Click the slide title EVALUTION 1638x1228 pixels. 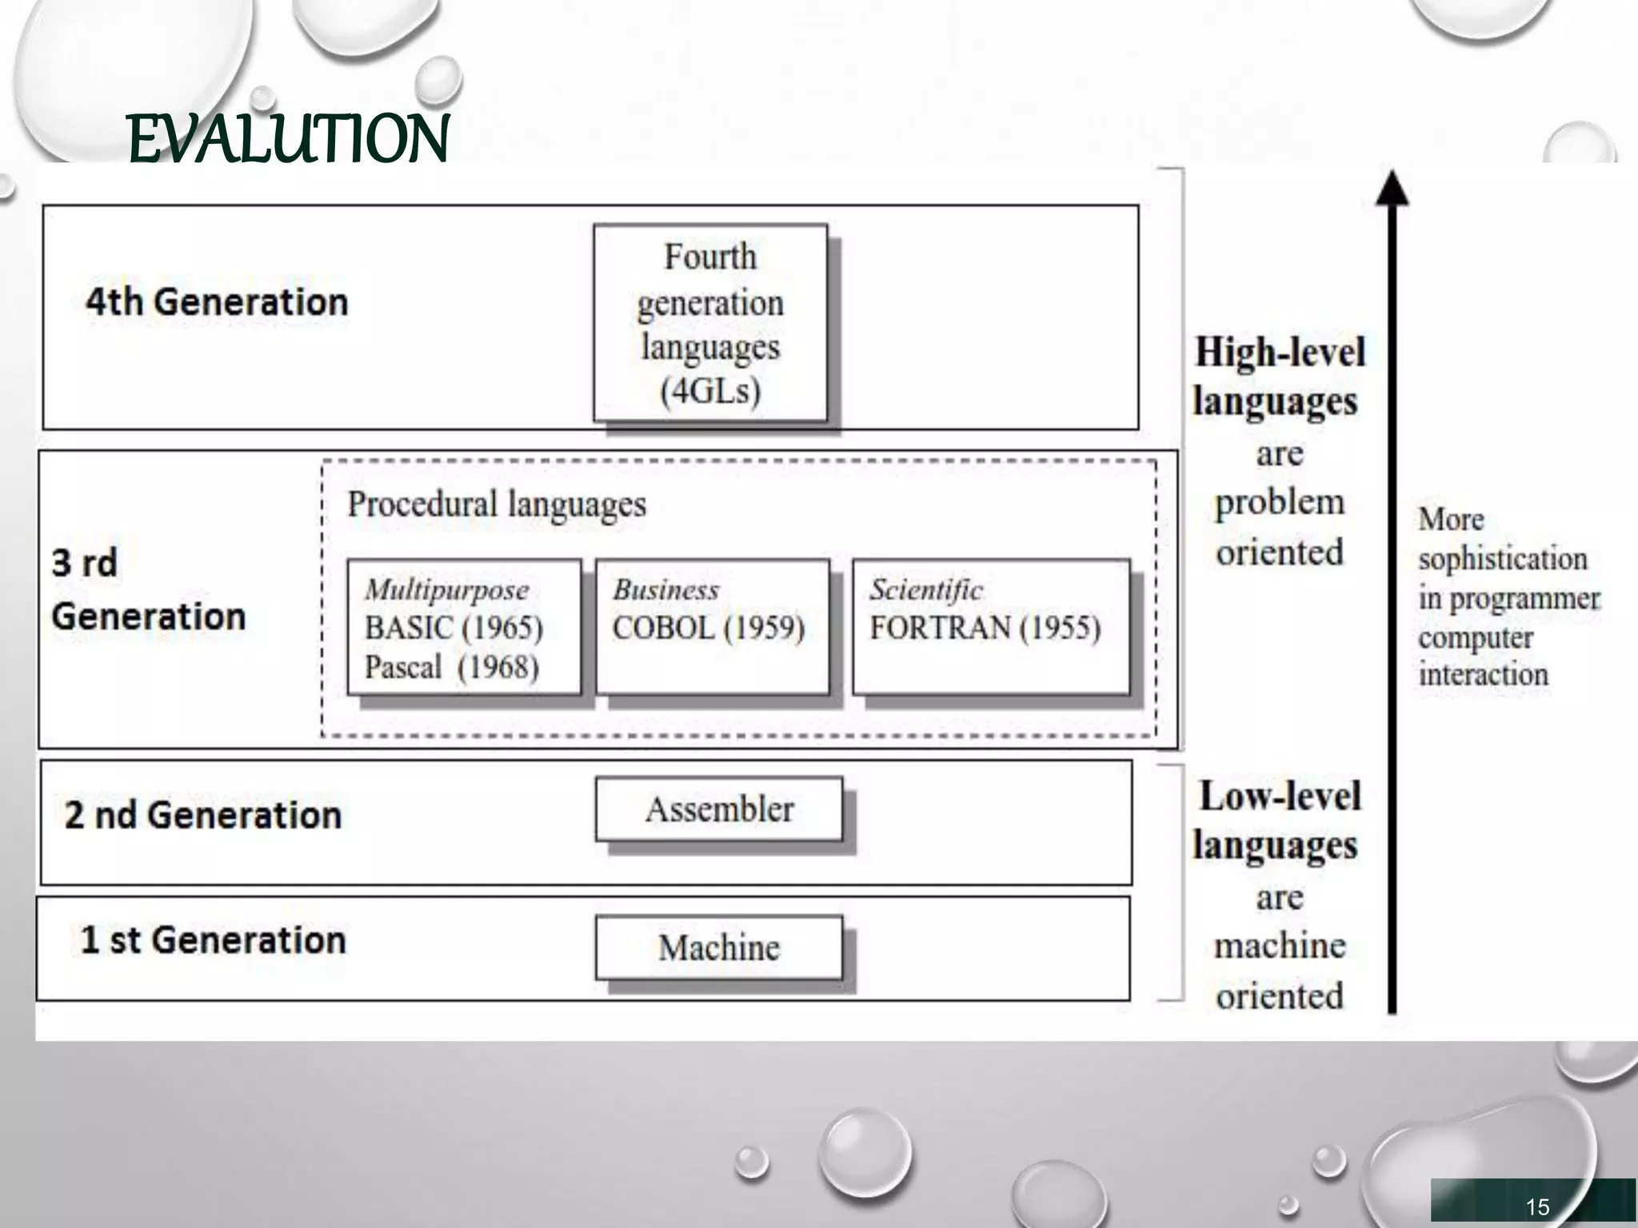point(288,139)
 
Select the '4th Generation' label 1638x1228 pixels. point(217,302)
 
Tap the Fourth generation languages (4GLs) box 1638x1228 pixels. point(710,323)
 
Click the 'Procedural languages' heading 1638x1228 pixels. point(496,504)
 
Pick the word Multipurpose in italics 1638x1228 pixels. point(446,590)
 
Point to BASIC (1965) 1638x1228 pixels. point(453,628)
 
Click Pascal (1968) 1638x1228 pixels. point(452,667)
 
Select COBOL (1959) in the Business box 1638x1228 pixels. point(708,628)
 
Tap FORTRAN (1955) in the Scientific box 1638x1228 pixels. point(985,628)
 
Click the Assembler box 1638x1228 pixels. point(719,809)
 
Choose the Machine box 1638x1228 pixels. point(718,948)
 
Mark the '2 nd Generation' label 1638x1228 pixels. point(202,815)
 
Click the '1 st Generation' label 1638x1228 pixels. point(213,939)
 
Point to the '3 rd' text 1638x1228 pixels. point(84,563)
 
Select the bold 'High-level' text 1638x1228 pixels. point(1280,353)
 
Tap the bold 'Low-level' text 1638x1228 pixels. point(1280,796)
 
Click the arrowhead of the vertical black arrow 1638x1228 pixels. point(1392,189)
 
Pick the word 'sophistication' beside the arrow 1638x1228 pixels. point(1502,559)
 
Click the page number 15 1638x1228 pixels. point(1537,1206)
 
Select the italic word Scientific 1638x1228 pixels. point(926,590)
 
